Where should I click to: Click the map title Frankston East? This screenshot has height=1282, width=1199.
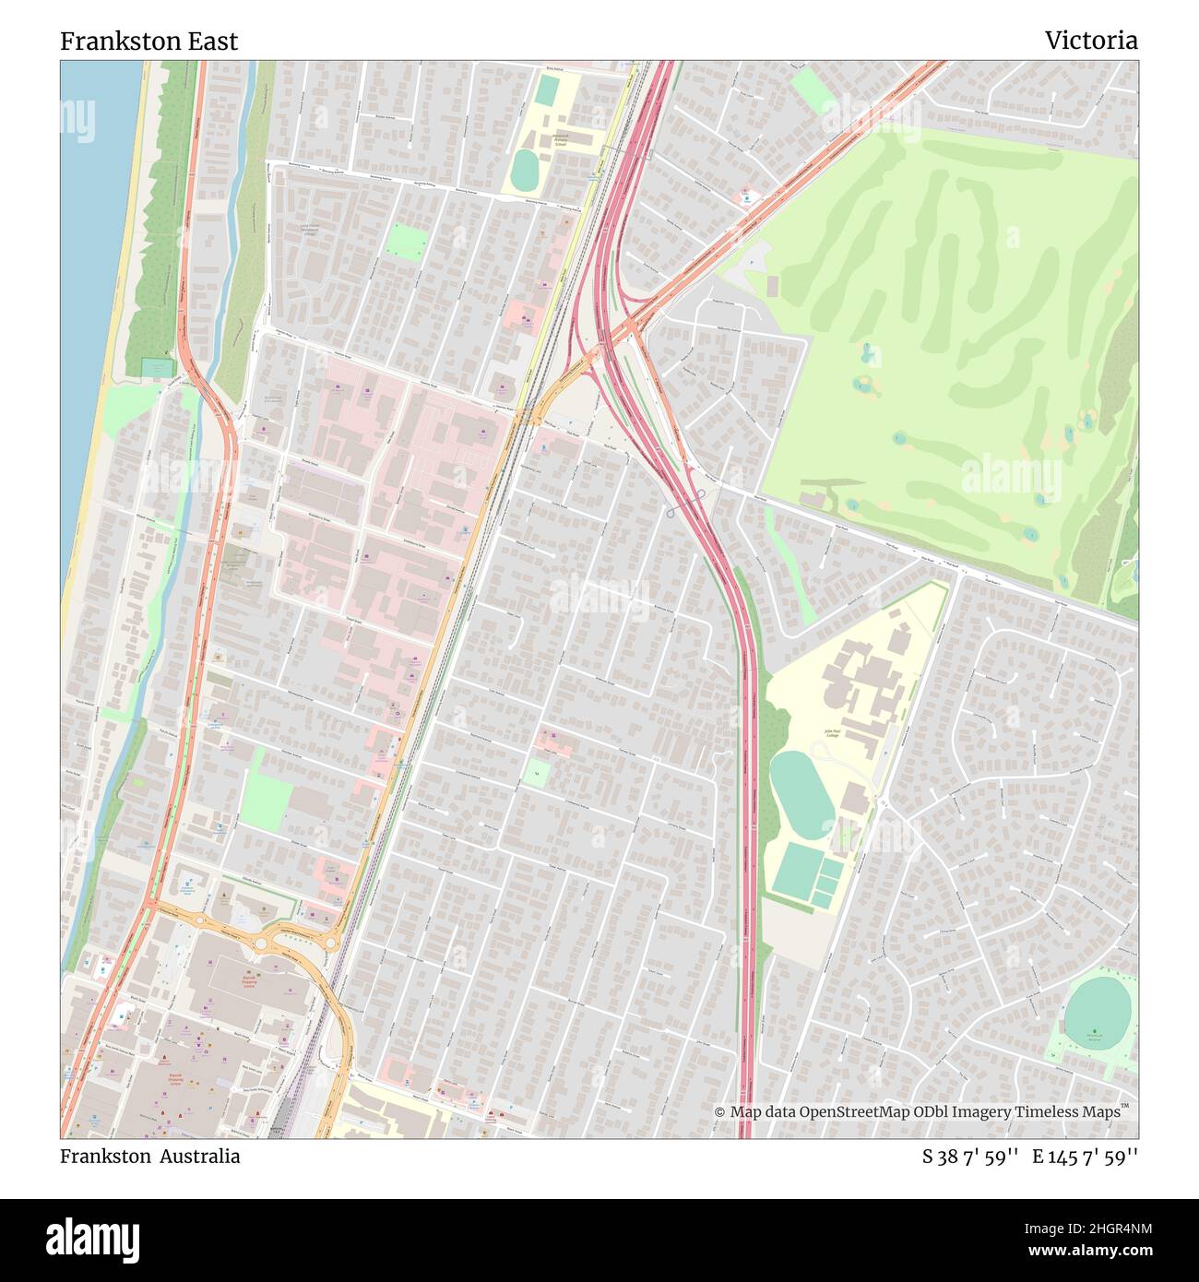click(x=148, y=41)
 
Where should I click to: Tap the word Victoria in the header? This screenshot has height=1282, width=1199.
click(x=1090, y=41)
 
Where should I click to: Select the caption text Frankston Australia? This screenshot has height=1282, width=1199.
click(x=149, y=1157)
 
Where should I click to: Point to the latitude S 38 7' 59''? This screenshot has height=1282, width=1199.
click(x=969, y=1157)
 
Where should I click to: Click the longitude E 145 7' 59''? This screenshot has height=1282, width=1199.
click(x=1085, y=1157)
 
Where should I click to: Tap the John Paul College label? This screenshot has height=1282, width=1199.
click(x=833, y=733)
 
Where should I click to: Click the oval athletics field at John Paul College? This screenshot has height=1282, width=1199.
click(x=801, y=795)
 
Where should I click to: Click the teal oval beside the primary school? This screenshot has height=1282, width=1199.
click(x=525, y=169)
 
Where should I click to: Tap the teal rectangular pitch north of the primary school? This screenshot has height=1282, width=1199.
click(x=547, y=89)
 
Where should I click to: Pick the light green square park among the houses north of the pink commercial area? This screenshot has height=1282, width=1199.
click(x=406, y=242)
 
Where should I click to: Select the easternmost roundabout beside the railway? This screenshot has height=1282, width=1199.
click(x=329, y=942)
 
